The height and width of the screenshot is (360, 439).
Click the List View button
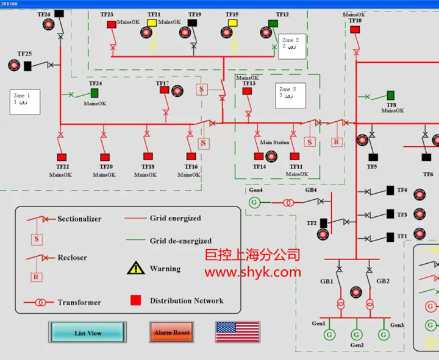[88, 333]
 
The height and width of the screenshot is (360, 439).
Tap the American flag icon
[237, 332]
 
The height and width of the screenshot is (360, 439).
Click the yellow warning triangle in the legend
[135, 268]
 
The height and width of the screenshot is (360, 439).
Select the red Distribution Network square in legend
[135, 300]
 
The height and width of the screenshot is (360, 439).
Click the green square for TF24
[95, 93]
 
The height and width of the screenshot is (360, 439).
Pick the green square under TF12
[273, 23]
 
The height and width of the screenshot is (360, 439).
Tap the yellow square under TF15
[232, 23]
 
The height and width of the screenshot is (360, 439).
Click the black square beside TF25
[27, 66]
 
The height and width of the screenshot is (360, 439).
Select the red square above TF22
[61, 157]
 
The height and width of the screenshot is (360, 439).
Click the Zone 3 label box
[290, 93]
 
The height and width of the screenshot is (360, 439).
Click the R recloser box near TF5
[336, 142]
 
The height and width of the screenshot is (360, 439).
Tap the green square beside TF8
[390, 96]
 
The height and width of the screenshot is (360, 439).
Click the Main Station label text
[274, 143]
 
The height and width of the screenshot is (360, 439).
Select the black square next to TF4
[390, 191]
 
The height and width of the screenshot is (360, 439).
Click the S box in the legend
[36, 239]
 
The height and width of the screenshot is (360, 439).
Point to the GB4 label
[311, 190]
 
